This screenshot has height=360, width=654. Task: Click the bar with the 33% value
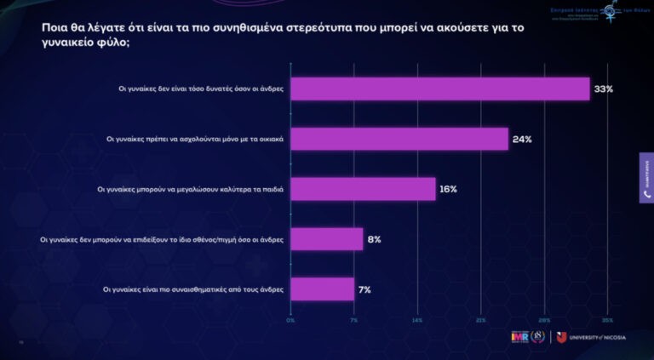click(x=440, y=89)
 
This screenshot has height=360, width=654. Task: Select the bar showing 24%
click(x=399, y=139)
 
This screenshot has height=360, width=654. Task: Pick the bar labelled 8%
click(x=327, y=239)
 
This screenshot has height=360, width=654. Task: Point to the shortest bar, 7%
click(x=322, y=289)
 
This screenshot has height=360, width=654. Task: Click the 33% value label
click(x=603, y=89)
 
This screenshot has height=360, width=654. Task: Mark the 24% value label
click(x=521, y=139)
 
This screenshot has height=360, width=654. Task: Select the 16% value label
click(x=448, y=189)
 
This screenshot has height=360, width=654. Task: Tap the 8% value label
click(x=374, y=239)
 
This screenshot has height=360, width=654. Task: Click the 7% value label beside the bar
click(x=364, y=289)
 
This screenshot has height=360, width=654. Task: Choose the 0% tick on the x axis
click(x=290, y=320)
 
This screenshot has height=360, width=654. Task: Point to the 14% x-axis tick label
click(x=417, y=320)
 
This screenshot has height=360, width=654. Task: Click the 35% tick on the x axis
click(x=607, y=320)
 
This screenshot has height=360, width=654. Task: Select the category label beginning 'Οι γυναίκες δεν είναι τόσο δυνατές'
click(x=201, y=89)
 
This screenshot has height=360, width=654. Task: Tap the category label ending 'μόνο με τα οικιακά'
click(x=194, y=139)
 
